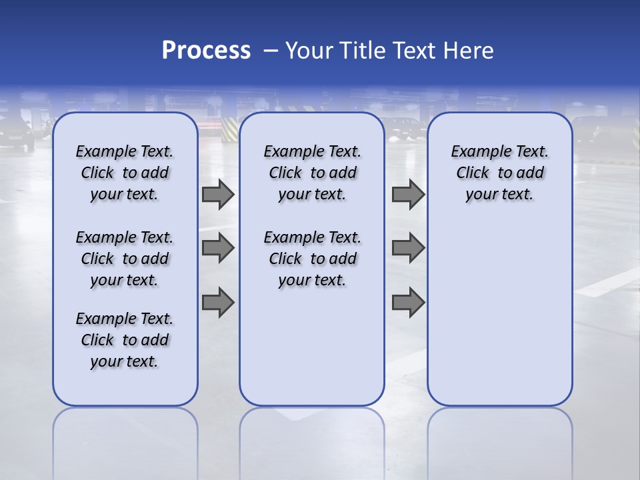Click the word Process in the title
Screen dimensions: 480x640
click(x=206, y=50)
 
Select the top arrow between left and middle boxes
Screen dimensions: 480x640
click(x=218, y=195)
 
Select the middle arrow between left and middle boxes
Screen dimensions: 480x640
click(x=218, y=248)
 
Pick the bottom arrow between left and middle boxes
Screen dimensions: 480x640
click(x=218, y=302)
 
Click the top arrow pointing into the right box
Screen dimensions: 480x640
click(x=408, y=195)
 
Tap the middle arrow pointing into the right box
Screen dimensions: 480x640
click(x=408, y=248)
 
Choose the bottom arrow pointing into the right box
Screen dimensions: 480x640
click(x=408, y=302)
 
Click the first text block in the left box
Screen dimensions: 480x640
click(x=125, y=173)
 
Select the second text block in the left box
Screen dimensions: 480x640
click(x=125, y=259)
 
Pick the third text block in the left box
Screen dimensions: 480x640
click(x=125, y=340)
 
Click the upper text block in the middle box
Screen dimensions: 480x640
click(x=312, y=173)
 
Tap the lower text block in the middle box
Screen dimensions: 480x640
click(x=312, y=259)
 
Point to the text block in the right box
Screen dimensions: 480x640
click(x=499, y=173)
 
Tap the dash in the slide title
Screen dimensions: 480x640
click(x=270, y=51)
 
